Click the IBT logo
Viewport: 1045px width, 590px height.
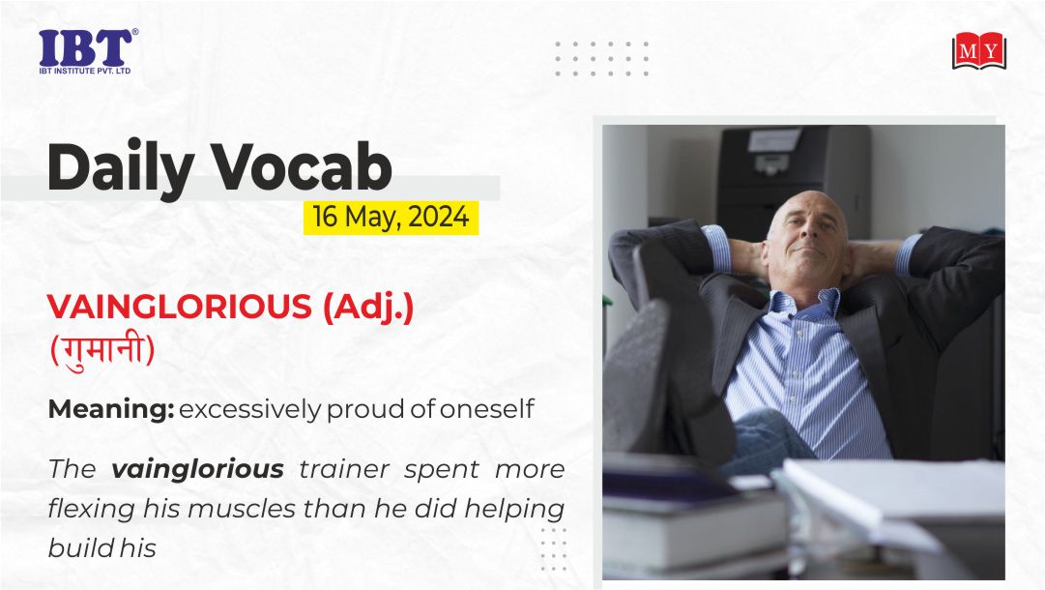[x=88, y=51]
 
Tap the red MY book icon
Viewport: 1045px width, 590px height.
[x=978, y=50]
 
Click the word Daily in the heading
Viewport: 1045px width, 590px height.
[x=121, y=167]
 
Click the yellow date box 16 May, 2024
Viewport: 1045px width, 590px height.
[x=392, y=218]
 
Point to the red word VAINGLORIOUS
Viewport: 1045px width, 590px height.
[x=179, y=307]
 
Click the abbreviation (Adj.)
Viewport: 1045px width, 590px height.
[x=368, y=308]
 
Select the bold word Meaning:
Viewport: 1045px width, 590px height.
[x=110, y=409]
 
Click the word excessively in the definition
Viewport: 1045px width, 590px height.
[x=250, y=409]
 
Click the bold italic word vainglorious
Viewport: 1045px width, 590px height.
[x=197, y=470]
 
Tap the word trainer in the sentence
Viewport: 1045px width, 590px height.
[x=344, y=469]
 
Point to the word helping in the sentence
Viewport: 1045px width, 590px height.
[x=514, y=510]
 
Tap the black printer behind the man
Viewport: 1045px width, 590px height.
[x=793, y=180]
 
